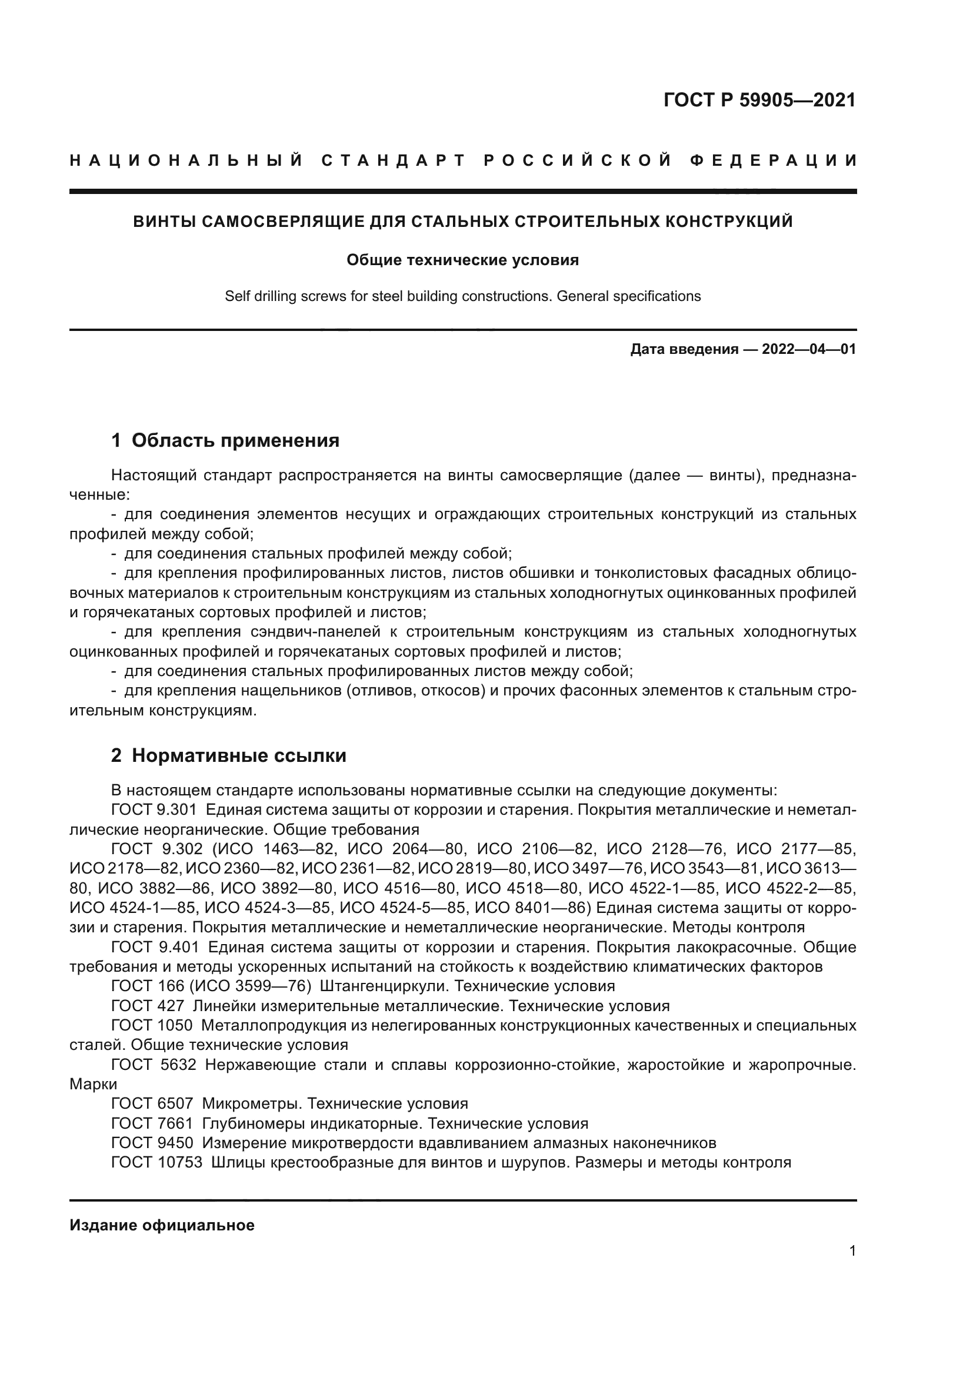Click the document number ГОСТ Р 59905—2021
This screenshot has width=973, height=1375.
tap(759, 100)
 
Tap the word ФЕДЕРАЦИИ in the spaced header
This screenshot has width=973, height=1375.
tap(774, 161)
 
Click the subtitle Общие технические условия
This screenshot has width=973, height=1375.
tap(462, 260)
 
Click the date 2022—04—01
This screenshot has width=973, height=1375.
tap(809, 349)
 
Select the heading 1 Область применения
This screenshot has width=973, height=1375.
tap(225, 440)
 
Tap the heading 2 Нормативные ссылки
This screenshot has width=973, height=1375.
tap(228, 756)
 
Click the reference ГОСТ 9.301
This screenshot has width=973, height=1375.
tap(154, 809)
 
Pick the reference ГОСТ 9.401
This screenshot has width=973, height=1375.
tap(154, 948)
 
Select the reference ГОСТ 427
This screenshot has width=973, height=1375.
tap(148, 1005)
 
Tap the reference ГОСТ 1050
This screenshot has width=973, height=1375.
tap(152, 1025)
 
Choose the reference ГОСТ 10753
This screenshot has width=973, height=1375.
tap(156, 1162)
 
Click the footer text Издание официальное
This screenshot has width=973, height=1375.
tap(162, 1225)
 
